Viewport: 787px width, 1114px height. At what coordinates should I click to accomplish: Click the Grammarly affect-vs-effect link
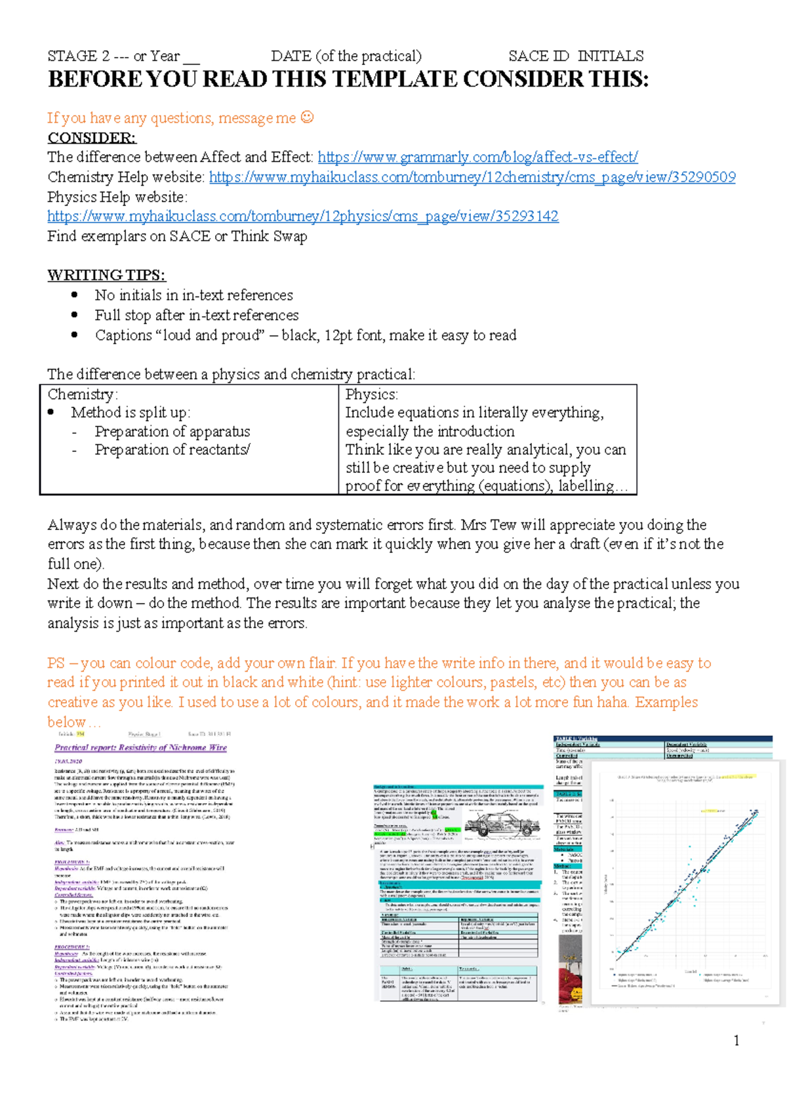pyautogui.click(x=477, y=157)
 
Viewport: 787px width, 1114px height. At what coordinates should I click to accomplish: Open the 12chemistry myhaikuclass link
pyautogui.click(x=472, y=177)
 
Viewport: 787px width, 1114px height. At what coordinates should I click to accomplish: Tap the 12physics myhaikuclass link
pyautogui.click(x=302, y=217)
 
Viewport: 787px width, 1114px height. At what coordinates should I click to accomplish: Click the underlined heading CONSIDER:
pyautogui.click(x=92, y=138)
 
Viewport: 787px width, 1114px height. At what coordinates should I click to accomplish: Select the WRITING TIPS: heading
pyautogui.click(x=106, y=275)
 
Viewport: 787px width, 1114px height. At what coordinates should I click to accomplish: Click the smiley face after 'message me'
pyautogui.click(x=307, y=117)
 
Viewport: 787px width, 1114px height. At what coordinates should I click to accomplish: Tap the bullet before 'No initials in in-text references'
pyautogui.click(x=75, y=295)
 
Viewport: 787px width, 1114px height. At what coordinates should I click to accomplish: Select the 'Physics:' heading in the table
pyautogui.click(x=371, y=394)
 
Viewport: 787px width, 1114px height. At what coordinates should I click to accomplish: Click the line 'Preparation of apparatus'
pyautogui.click(x=172, y=432)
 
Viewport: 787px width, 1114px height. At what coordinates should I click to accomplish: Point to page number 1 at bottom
pyautogui.click(x=737, y=1040)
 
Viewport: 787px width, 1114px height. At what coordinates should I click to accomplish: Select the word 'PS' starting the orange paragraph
pyautogui.click(x=56, y=663)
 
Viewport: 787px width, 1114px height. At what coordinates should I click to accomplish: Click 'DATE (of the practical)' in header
pyautogui.click(x=346, y=56)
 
